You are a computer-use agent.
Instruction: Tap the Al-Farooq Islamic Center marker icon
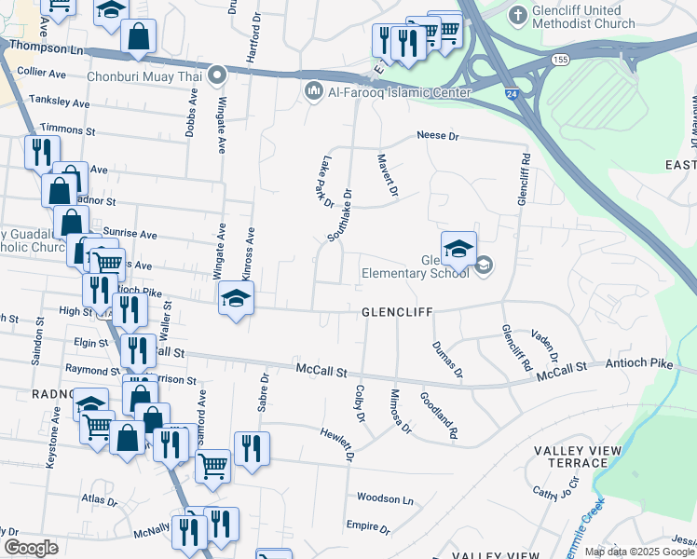(312, 91)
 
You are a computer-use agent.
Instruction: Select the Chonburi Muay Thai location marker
(217, 75)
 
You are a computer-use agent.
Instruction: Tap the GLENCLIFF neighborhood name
(396, 313)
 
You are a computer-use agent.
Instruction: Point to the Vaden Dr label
(543, 346)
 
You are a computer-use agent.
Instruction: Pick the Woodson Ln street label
(384, 498)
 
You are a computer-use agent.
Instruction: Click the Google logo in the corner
(31, 548)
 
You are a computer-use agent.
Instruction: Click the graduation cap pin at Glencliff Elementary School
(458, 249)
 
